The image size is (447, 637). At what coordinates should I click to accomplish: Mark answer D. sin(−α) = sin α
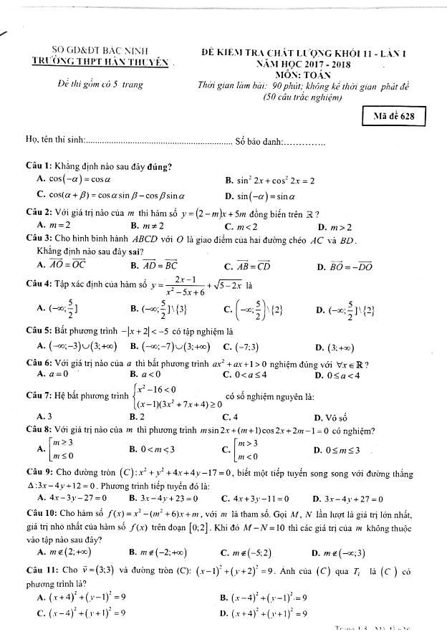click(265, 196)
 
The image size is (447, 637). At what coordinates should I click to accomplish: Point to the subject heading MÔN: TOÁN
click(301, 74)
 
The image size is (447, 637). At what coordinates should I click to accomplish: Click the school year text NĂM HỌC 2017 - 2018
click(300, 63)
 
